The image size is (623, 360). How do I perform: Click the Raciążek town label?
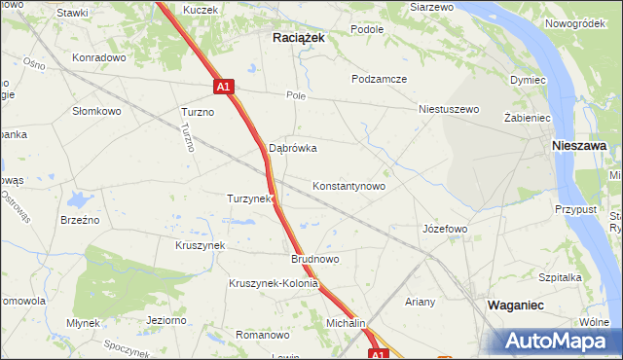tap(297, 36)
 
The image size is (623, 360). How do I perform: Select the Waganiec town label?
tap(515, 305)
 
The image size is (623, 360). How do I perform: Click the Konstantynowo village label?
tap(348, 185)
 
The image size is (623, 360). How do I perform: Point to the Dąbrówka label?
tap(293, 149)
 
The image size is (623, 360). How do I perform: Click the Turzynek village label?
tap(248, 198)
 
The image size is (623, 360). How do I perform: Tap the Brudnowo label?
tap(314, 260)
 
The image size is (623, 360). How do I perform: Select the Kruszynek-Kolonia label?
tap(274, 284)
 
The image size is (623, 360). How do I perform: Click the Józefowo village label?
tap(445, 229)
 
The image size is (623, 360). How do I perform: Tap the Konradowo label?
tap(99, 57)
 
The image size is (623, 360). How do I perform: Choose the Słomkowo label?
tap(96, 111)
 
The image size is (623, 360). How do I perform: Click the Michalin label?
tap(346, 322)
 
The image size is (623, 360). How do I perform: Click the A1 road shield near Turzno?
tap(224, 87)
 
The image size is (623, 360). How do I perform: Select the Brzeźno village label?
tap(80, 220)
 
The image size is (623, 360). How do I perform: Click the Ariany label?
tap(421, 302)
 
